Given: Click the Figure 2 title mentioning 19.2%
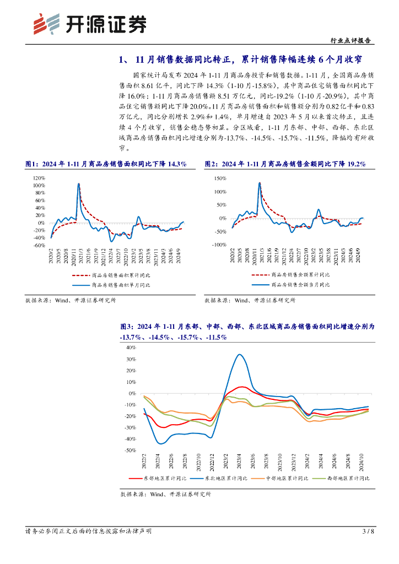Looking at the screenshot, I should [285, 164].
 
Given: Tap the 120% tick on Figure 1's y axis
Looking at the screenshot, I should [38, 178].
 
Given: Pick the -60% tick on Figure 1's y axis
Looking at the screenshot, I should [38, 246].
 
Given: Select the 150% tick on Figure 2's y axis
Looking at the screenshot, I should [219, 179].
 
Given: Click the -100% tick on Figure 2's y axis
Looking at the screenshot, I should [218, 245].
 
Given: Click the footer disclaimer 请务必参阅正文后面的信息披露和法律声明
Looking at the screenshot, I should [89, 532].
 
